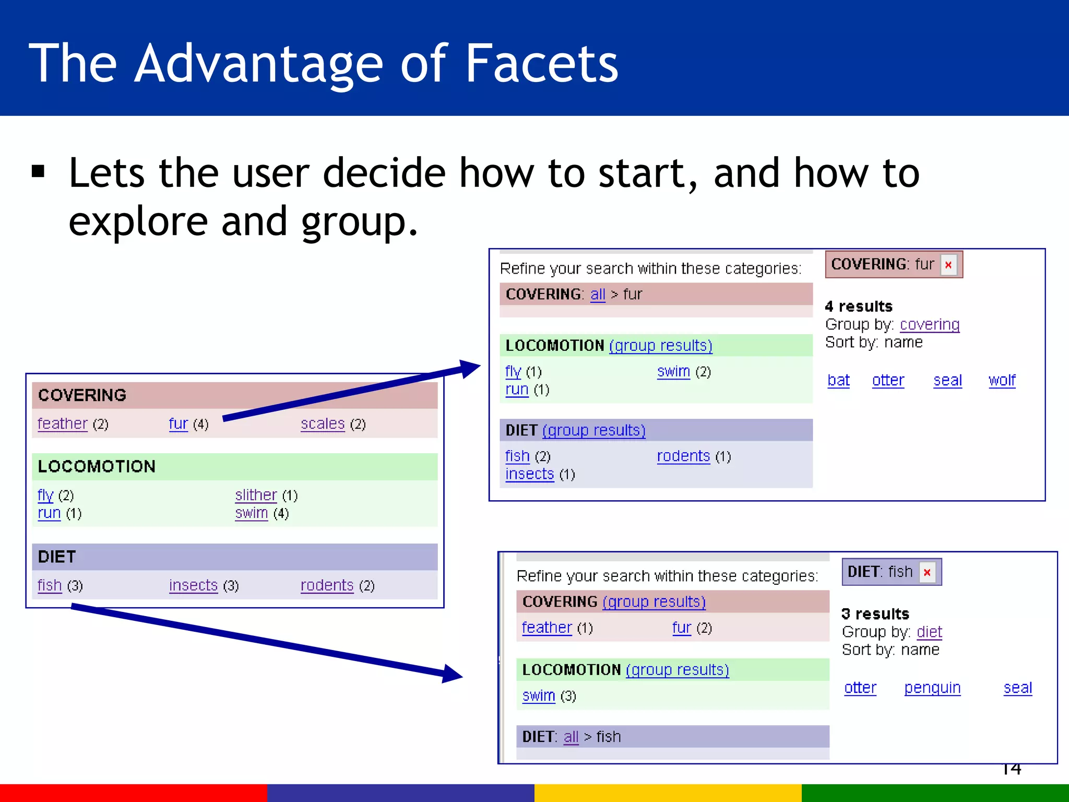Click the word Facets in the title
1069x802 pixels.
pyautogui.click(x=541, y=64)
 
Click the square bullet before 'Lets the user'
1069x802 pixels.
pyautogui.click(x=38, y=171)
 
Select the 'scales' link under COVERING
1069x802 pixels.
pyautogui.click(x=323, y=423)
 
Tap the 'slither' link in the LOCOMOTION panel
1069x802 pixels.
pyautogui.click(x=256, y=494)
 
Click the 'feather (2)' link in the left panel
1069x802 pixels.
pyautogui.click(x=63, y=423)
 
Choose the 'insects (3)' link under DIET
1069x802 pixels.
pyautogui.click(x=193, y=585)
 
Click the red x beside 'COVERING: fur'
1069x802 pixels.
pyautogui.click(x=948, y=265)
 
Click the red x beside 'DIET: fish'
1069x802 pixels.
pyautogui.click(x=927, y=572)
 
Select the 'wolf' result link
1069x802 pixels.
pyautogui.click(x=1002, y=380)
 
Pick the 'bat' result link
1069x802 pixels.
pyautogui.click(x=838, y=380)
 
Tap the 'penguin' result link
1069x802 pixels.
pyautogui.click(x=932, y=688)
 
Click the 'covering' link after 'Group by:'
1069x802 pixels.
pyautogui.click(x=930, y=324)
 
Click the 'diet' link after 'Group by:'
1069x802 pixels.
pyautogui.click(x=929, y=632)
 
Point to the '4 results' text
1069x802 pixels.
pyautogui.click(x=859, y=306)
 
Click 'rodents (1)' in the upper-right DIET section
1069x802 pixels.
pyautogui.click(x=683, y=456)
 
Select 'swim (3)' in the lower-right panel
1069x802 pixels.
pyautogui.click(x=539, y=695)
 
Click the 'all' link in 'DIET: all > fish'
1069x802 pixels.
pyautogui.click(x=571, y=737)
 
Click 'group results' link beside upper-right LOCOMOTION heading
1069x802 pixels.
pyautogui.click(x=660, y=345)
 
